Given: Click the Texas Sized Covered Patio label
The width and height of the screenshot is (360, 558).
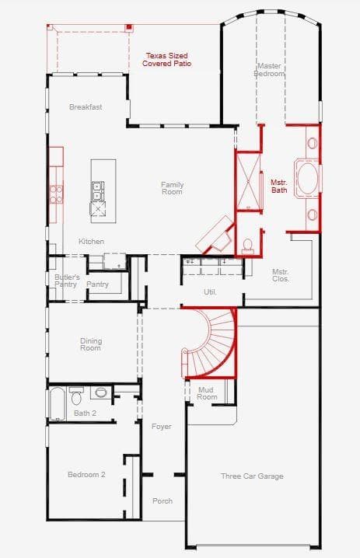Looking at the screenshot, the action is coord(166,60).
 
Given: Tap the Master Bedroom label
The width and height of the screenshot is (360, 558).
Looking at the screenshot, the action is coord(269,70).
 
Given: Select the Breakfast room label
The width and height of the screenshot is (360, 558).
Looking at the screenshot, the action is coord(86,106).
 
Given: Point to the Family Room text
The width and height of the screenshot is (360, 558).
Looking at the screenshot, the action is coord(172,188).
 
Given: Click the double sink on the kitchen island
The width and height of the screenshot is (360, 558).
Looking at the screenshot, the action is coord(97,190).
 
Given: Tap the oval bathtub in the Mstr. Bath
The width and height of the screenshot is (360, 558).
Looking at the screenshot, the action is coord(308,178).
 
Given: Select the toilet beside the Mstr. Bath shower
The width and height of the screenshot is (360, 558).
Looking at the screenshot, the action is coord(247,246).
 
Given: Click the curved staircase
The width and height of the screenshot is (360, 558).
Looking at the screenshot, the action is coord(210,344).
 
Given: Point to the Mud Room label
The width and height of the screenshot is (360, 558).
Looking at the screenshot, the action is coord(207,393).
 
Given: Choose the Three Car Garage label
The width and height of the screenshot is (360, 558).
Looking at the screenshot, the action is coord(252,476).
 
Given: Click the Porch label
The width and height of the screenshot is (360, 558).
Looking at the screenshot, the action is coord(163,500).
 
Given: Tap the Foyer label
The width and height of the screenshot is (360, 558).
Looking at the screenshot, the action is coord(161,427).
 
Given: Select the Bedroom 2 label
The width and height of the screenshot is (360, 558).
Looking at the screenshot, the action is coord(86,474).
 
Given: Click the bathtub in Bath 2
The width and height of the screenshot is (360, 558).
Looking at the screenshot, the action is coord(58,404).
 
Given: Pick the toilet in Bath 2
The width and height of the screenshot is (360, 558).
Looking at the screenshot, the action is coord(76,396).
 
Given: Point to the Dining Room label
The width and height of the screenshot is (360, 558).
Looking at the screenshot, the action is coord(91,344).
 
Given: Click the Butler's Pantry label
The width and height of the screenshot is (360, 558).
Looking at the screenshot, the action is coord(67,281).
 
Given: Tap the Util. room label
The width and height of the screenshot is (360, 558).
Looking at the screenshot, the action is coord(210,291).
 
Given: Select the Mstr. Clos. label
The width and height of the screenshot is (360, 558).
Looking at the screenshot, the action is coord(281,275).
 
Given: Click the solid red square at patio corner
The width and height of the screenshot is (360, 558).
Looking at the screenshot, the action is coord(130,27).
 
